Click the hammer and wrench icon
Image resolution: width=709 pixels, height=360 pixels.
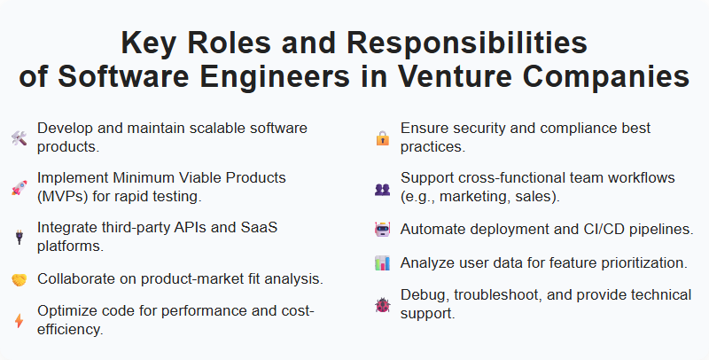[x=19, y=137]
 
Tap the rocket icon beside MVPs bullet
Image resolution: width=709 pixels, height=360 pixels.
[x=19, y=187]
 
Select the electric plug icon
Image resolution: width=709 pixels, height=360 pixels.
[x=19, y=237]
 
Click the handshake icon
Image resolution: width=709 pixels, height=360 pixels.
[x=19, y=279]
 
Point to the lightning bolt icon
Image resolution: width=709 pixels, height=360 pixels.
[x=19, y=321]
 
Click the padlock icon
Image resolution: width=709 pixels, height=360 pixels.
[x=382, y=137]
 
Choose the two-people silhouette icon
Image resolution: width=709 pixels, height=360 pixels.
[x=382, y=187]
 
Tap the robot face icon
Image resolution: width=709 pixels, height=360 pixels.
[x=382, y=229]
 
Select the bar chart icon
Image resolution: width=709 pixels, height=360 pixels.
[x=382, y=262]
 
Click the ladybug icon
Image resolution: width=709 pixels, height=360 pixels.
[x=382, y=304]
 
